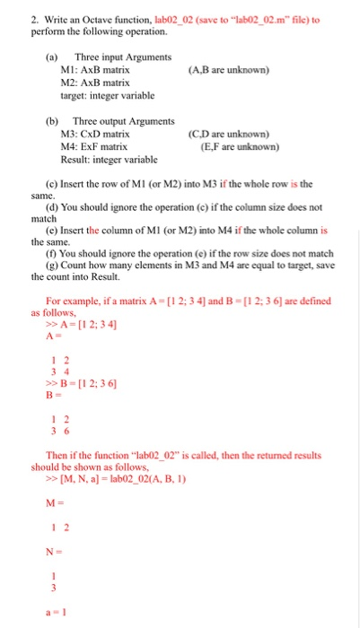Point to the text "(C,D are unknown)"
coord(230,134)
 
